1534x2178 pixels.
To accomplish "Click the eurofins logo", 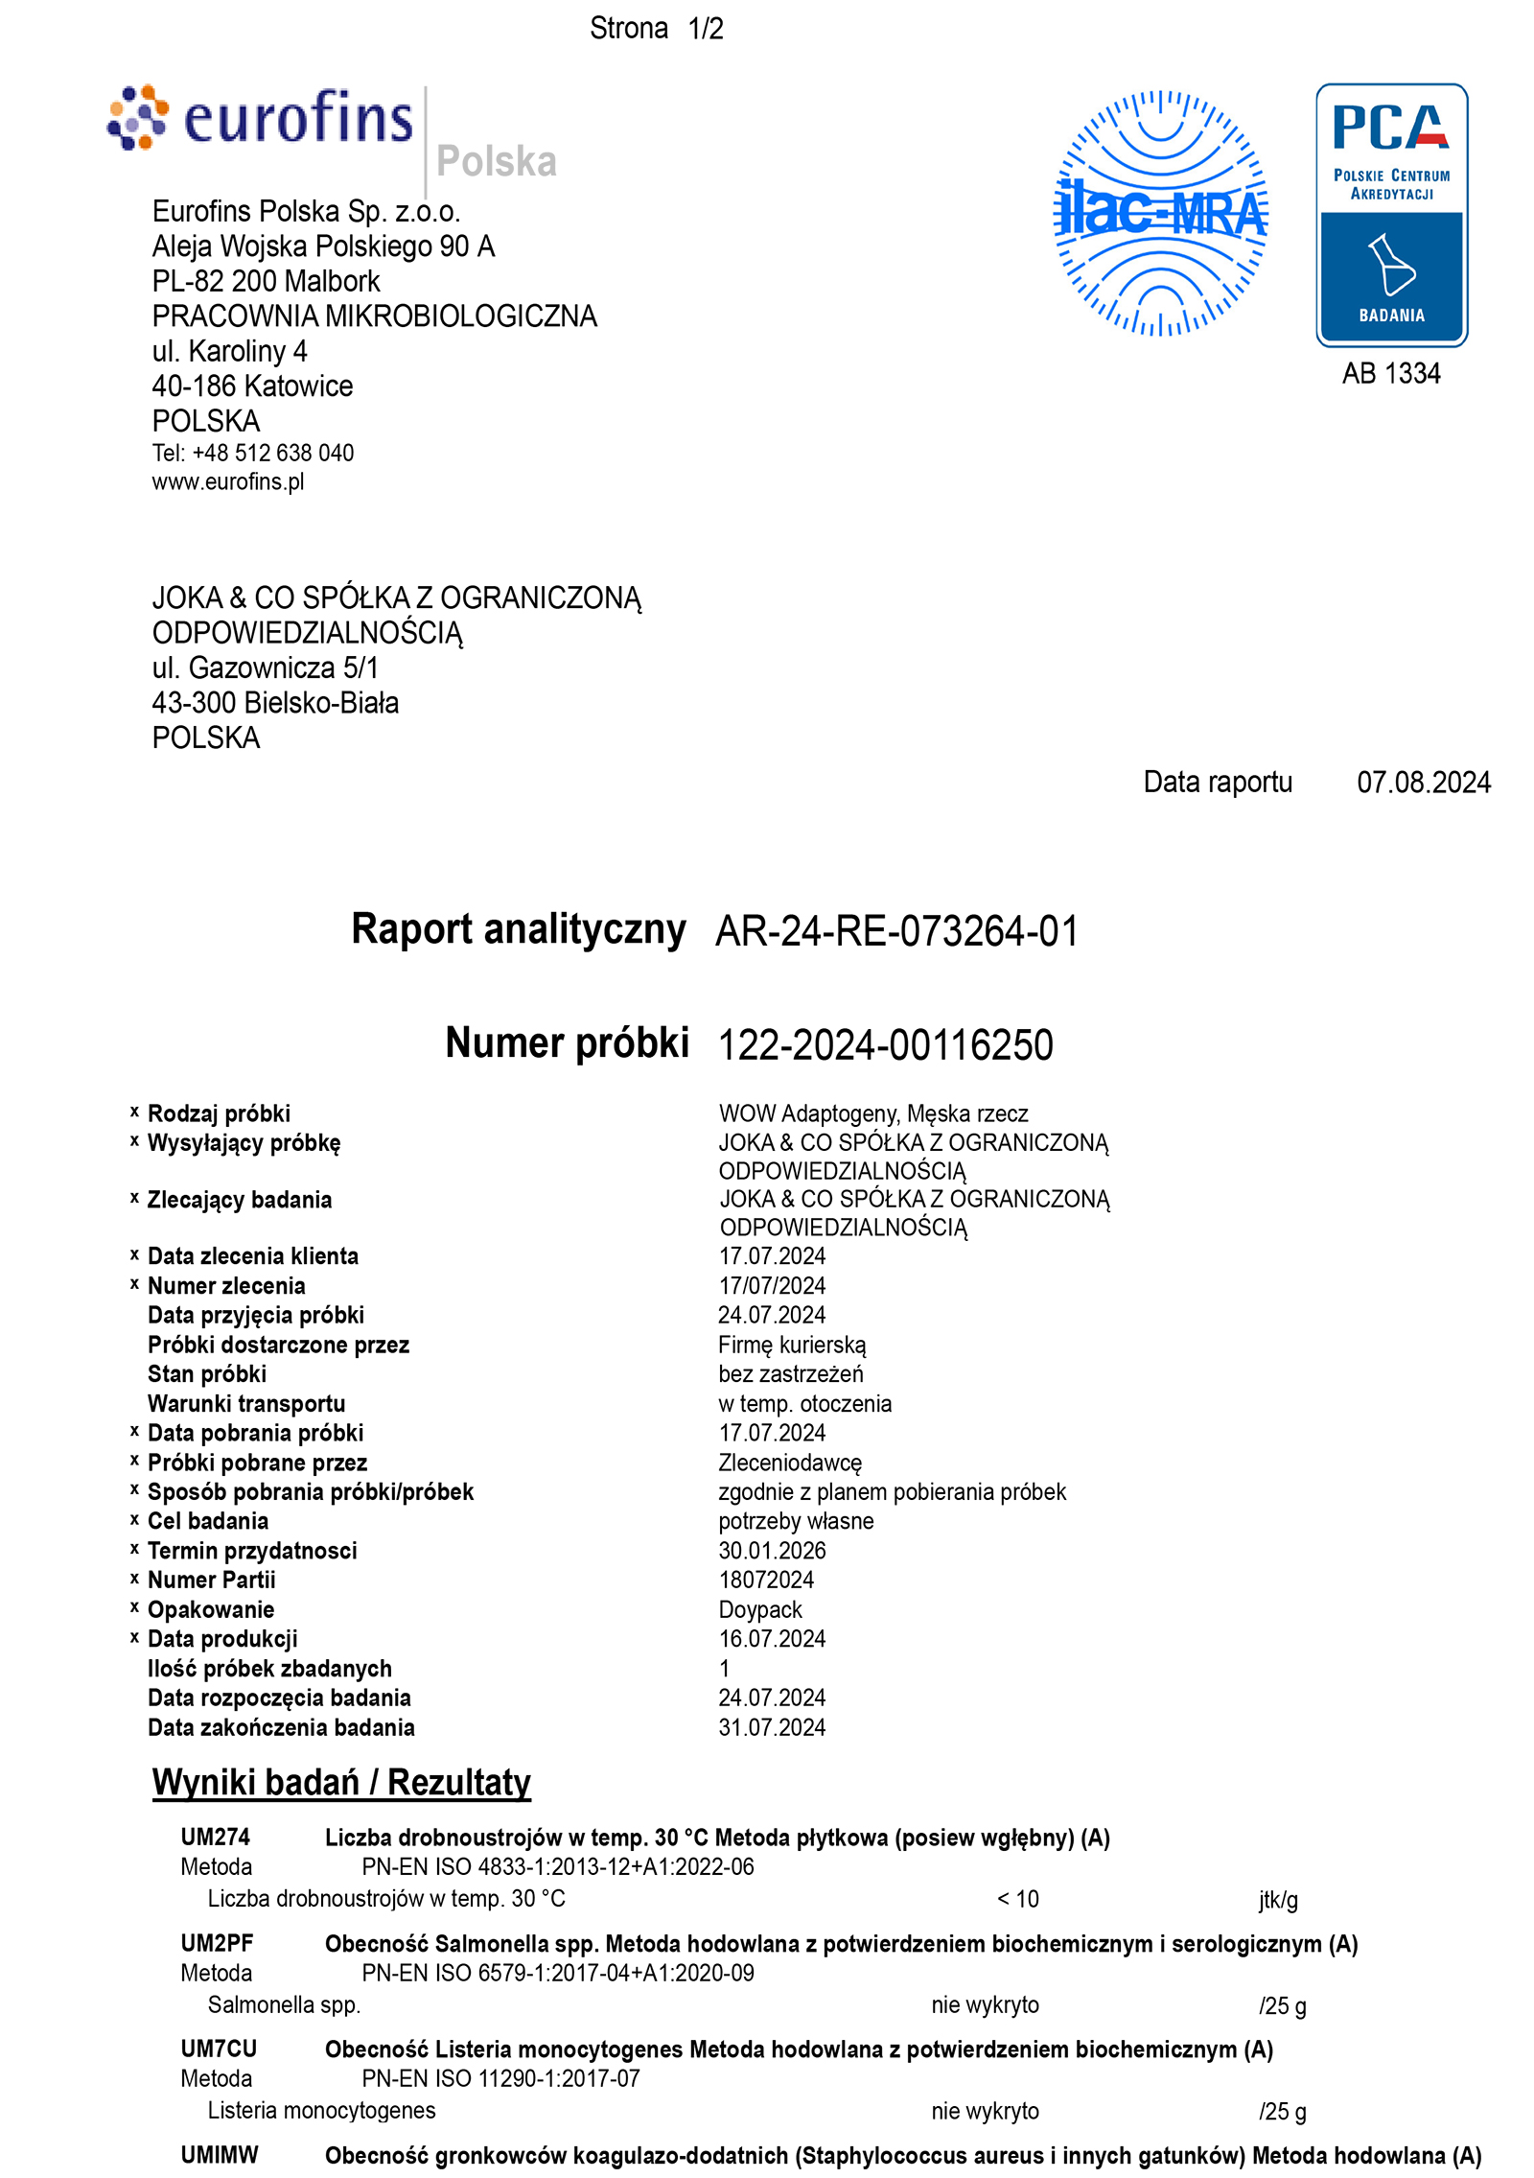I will [261, 120].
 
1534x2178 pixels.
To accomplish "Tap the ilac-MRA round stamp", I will [1160, 213].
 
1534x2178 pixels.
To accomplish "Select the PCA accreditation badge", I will [1391, 215].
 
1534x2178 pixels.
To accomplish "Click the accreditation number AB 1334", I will [1391, 373].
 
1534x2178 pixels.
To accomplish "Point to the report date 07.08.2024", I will [1423, 783].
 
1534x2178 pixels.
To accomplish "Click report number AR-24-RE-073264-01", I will [896, 931].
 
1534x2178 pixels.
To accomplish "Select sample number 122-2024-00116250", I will [885, 1045].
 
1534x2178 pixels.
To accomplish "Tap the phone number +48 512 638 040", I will [272, 453].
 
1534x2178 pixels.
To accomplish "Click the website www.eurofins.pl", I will [228, 481].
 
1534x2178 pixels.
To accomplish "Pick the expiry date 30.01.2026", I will [772, 1551].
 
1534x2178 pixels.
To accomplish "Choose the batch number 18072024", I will [766, 1580].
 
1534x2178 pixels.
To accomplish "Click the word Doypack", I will [760, 1609].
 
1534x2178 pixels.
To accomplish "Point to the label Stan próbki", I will [207, 1373].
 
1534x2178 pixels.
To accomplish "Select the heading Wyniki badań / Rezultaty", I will [341, 1782].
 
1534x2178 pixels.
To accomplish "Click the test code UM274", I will [216, 1837].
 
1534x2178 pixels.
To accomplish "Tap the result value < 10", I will [1017, 1899].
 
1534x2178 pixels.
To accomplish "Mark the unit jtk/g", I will [1278, 1900].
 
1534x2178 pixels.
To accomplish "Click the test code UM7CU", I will [219, 2049].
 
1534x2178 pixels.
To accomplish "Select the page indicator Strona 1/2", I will [657, 29].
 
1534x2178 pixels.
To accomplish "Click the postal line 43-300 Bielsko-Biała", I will [275, 703].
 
